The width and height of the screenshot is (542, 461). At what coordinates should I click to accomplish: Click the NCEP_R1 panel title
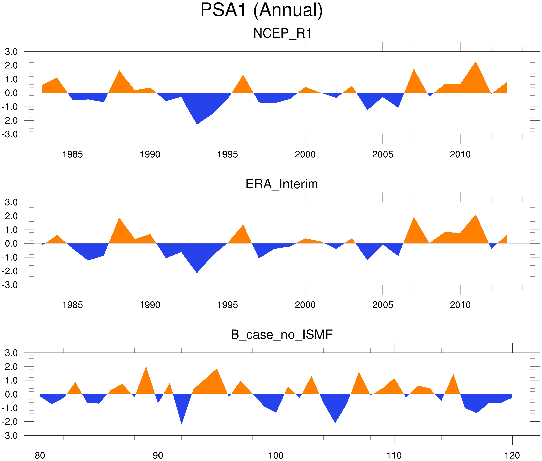pyautogui.click(x=282, y=33)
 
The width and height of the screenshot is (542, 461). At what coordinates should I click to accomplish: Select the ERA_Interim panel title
pyautogui.click(x=282, y=184)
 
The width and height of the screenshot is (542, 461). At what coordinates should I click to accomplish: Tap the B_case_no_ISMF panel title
pyautogui.click(x=281, y=335)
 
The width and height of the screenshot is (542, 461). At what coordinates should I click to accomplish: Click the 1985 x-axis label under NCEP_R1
pyautogui.click(x=73, y=154)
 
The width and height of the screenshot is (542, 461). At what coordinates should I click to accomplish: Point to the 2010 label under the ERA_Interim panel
pyautogui.click(x=460, y=305)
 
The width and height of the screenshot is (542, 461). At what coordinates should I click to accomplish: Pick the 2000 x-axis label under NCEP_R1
pyautogui.click(x=305, y=154)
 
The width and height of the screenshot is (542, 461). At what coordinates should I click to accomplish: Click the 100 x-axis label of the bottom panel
pyautogui.click(x=276, y=456)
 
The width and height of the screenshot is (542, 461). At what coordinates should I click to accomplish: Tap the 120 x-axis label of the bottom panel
pyautogui.click(x=512, y=456)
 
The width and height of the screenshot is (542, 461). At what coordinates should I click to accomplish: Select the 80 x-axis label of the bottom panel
pyautogui.click(x=40, y=456)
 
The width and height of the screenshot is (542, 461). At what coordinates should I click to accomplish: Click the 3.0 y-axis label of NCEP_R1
pyautogui.click(x=11, y=52)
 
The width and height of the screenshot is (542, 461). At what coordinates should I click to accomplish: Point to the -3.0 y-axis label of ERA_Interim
pyautogui.click(x=10, y=285)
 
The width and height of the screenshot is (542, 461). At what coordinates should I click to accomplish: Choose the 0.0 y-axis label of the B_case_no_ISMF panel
pyautogui.click(x=11, y=394)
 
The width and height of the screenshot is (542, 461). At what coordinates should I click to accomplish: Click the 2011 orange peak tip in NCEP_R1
pyautogui.click(x=475, y=62)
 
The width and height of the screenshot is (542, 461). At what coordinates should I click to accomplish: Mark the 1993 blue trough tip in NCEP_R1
pyautogui.click(x=197, y=124)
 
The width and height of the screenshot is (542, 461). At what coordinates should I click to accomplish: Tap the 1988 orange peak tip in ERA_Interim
pyautogui.click(x=119, y=218)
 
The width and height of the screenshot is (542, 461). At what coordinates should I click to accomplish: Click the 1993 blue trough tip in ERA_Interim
pyautogui.click(x=197, y=273)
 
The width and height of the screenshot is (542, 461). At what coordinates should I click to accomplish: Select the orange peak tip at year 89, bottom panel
pyautogui.click(x=146, y=367)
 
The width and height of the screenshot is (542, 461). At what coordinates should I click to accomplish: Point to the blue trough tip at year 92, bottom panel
pyautogui.click(x=181, y=424)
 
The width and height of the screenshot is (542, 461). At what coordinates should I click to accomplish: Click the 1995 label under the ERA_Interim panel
pyautogui.click(x=228, y=305)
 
